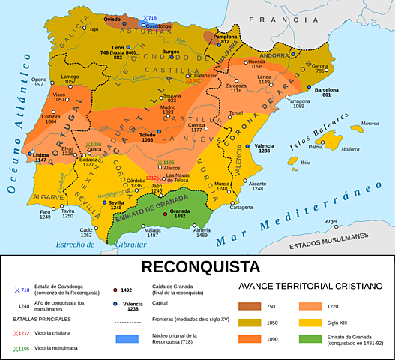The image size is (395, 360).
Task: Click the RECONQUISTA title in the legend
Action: [197, 266]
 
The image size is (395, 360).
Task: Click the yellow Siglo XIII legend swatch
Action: [316, 323]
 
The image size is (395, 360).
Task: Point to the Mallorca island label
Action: [350, 149]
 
